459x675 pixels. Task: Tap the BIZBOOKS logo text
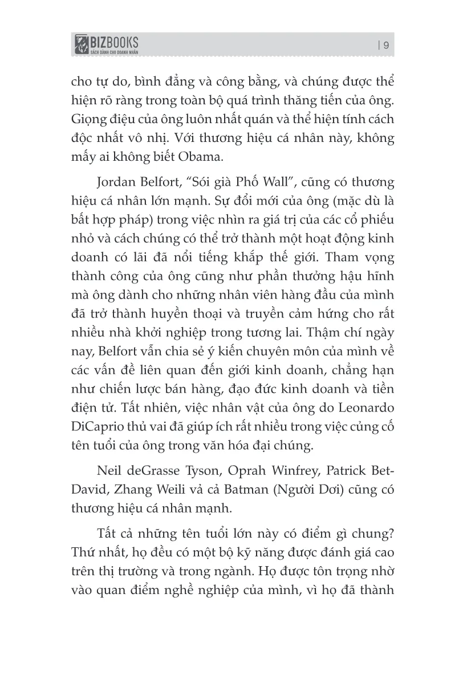click(x=114, y=42)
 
